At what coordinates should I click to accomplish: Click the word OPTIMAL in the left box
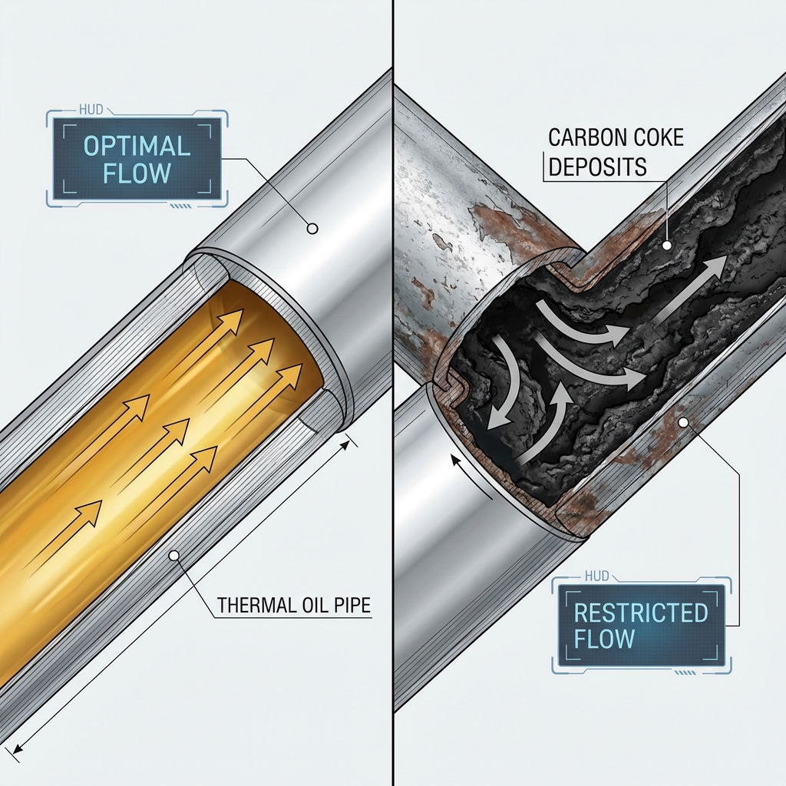pos(137,146)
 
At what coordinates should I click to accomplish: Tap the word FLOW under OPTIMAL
pos(137,173)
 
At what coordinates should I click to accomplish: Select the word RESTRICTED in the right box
pos(640,613)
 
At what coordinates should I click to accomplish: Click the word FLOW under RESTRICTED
pos(604,639)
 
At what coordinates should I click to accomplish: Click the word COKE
pos(652,138)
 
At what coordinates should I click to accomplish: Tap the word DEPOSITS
pos(597,167)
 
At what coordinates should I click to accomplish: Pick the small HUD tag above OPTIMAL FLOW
pos(91,109)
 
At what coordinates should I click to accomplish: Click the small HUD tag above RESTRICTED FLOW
pos(596,576)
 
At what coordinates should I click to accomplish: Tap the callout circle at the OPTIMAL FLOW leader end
pos(312,229)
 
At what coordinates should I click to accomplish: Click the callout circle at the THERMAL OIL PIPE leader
pos(174,556)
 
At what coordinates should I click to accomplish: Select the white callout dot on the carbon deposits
pos(667,245)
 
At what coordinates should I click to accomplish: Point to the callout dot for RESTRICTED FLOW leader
pos(682,423)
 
